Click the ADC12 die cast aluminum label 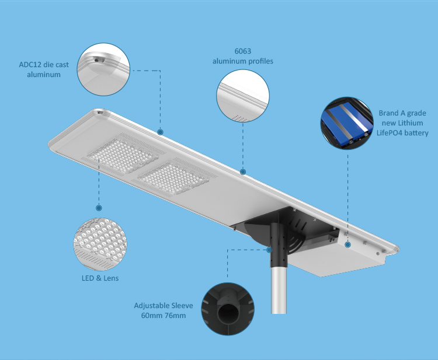click(44, 69)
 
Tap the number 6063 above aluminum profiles click(243, 51)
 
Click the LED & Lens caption click(100, 278)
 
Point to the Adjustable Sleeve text click(164, 306)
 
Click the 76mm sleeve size click(175, 316)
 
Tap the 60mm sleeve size click(152, 316)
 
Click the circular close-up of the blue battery click(347, 123)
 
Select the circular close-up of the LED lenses click(100, 244)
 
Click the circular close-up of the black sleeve click(228, 309)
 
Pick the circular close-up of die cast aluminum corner click(103, 69)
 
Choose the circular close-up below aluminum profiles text click(243, 96)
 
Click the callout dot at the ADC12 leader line click(160, 132)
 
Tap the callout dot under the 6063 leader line click(243, 172)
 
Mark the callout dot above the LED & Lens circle click(99, 208)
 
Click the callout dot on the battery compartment click(348, 244)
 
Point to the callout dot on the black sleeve click(269, 250)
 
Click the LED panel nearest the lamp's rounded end click(123, 155)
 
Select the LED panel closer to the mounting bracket click(173, 177)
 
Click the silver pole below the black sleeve click(279, 291)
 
